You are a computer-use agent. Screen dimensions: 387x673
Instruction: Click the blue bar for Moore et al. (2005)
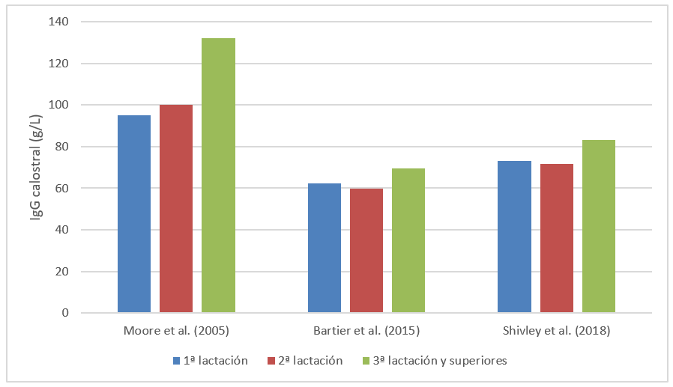134,214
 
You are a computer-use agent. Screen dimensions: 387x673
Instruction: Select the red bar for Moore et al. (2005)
176,209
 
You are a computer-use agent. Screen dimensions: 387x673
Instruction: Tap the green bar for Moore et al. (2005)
218,175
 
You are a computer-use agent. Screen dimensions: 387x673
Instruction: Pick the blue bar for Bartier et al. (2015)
325,248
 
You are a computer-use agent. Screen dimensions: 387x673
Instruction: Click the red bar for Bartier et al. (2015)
366,251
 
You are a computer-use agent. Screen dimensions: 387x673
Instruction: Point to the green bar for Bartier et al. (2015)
408,240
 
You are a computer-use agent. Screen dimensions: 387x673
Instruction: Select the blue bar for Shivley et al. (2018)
515,237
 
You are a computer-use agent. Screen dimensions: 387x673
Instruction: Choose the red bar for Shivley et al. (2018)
557,238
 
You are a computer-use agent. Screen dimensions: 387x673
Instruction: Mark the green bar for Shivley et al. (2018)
599,226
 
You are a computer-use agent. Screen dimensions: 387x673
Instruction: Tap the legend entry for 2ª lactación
305,361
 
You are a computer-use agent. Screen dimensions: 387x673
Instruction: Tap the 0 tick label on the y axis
86,313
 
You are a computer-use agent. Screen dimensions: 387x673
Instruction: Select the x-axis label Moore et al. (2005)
176,330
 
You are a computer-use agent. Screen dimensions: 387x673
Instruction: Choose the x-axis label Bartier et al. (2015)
366,330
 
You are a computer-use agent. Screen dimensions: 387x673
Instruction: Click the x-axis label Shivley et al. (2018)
557,330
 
